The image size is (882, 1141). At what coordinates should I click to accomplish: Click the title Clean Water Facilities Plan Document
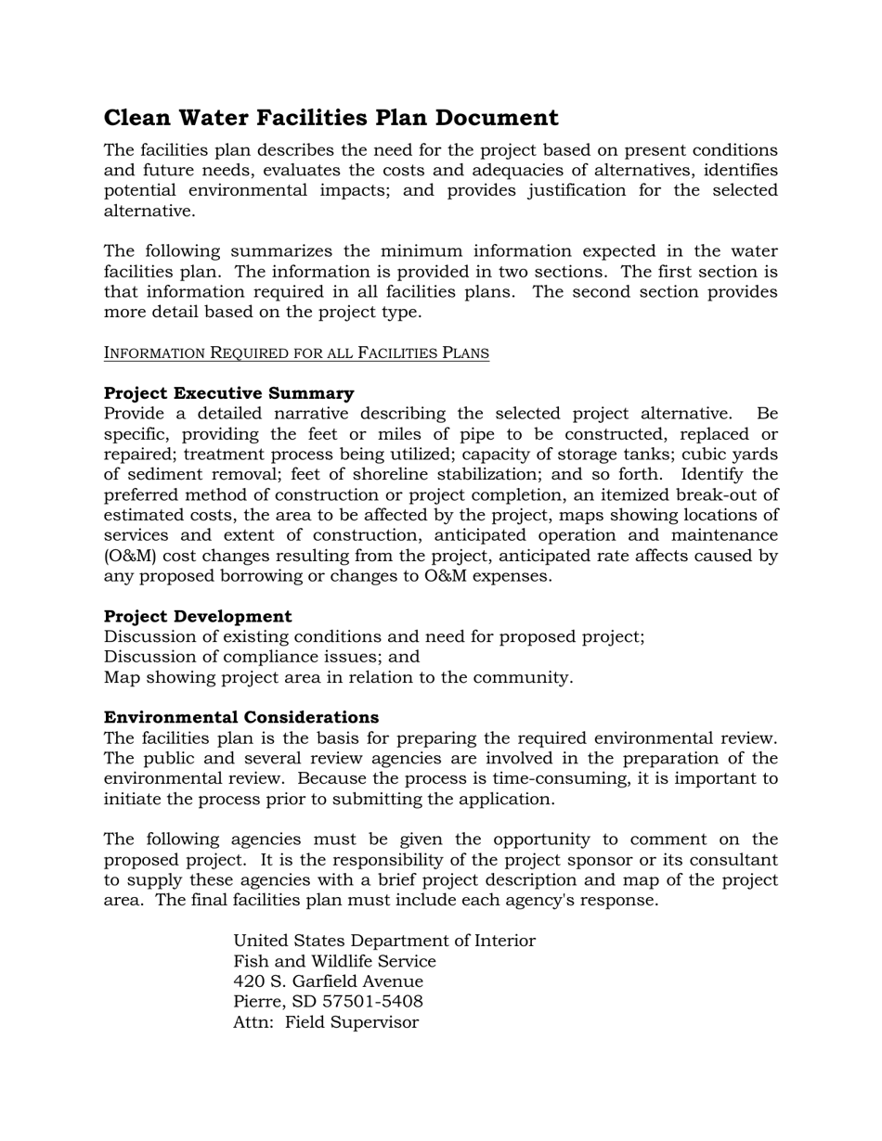tap(331, 118)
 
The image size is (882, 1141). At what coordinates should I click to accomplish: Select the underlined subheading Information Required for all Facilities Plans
tap(296, 353)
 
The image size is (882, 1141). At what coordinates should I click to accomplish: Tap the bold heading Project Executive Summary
tap(228, 393)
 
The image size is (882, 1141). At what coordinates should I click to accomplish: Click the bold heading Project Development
tap(198, 617)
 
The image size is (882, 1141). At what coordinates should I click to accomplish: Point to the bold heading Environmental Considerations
tap(241, 718)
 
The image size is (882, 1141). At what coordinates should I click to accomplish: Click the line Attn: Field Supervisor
tap(326, 1022)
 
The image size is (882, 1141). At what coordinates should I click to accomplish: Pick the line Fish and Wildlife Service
tap(334, 961)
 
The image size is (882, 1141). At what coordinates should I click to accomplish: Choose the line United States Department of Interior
tap(384, 941)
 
